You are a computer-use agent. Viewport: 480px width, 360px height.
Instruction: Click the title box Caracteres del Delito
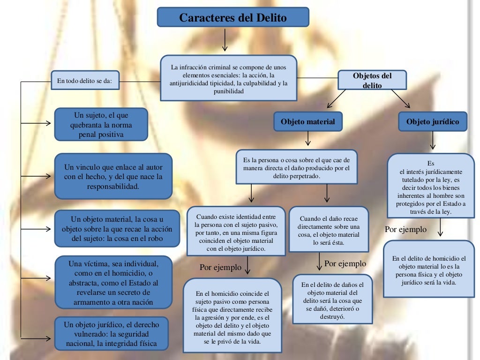[232, 18]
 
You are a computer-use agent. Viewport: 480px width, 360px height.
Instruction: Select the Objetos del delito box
[372, 80]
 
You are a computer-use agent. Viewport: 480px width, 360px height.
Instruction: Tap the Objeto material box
[307, 122]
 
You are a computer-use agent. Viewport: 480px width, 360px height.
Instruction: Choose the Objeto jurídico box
[432, 122]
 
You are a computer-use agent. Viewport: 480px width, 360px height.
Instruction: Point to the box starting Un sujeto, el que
[101, 125]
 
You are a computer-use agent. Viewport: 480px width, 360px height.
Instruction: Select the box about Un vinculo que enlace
[113, 177]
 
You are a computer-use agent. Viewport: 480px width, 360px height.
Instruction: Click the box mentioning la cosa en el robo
[117, 228]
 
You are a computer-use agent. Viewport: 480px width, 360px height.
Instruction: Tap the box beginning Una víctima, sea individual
[113, 282]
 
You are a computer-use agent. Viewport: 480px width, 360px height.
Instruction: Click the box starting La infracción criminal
[228, 78]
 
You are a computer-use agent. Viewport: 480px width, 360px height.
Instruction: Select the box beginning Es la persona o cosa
[296, 167]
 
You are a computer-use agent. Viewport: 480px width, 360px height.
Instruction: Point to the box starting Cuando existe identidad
[236, 231]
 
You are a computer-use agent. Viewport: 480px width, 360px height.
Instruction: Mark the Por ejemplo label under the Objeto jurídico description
[405, 230]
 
